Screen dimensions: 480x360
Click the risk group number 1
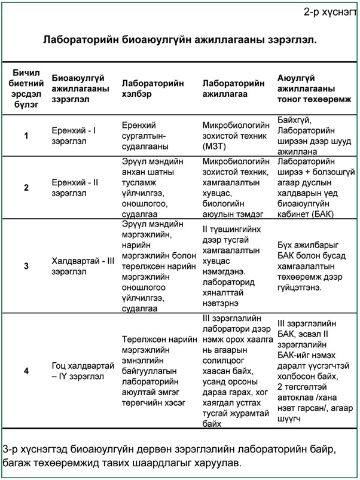coord(26,136)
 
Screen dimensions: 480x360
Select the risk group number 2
coord(26,188)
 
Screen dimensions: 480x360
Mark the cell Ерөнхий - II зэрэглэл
coord(75,188)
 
